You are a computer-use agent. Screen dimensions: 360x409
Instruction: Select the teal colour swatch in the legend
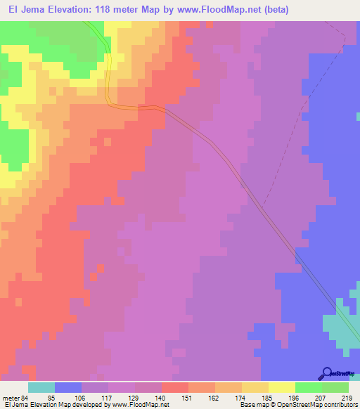pyautogui.click(x=41, y=387)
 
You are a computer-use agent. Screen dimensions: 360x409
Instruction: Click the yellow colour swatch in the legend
pyautogui.click(x=282, y=387)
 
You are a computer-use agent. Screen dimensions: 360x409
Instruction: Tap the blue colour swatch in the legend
pyautogui.click(x=68, y=387)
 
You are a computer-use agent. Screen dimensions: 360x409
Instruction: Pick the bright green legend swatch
pyautogui.click(x=309, y=387)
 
